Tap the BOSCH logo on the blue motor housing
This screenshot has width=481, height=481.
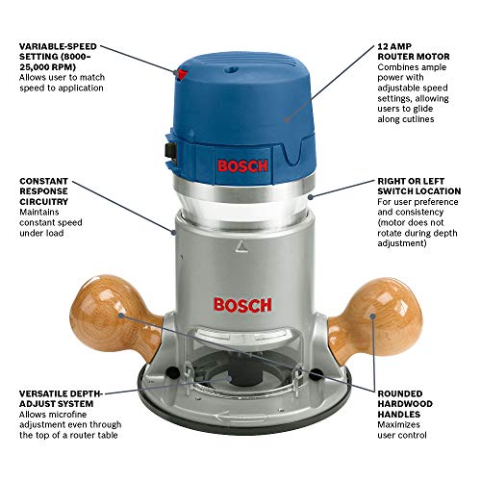241,165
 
